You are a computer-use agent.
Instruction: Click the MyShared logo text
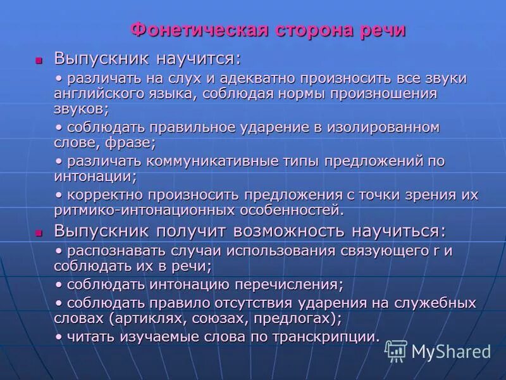coord(451,351)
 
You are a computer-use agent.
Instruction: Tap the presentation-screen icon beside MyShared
coord(396,350)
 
